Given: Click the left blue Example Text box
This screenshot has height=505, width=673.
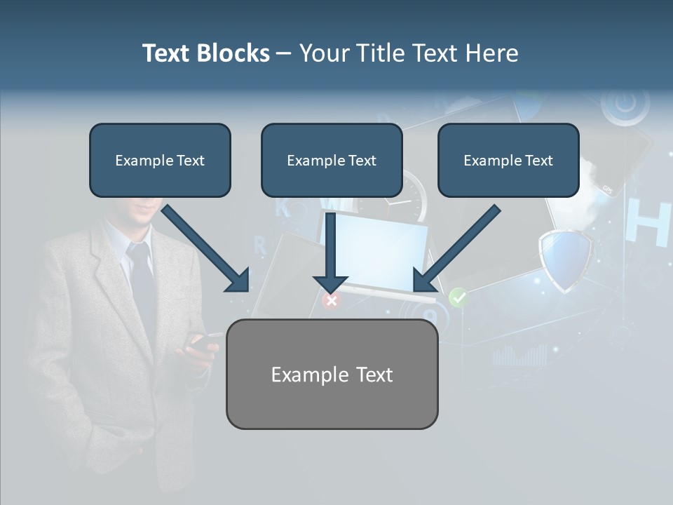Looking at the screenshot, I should pyautogui.click(x=160, y=160).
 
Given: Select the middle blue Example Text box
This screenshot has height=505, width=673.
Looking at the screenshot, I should pyautogui.click(x=332, y=160).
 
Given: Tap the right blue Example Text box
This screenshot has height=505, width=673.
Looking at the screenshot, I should pyautogui.click(x=508, y=160).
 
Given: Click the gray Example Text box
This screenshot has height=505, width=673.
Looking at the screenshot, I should pyautogui.click(x=332, y=374).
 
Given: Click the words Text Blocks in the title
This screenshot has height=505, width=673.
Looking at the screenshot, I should pyautogui.click(x=205, y=53).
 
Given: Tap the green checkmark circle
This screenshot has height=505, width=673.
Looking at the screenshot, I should pyautogui.click(x=458, y=297).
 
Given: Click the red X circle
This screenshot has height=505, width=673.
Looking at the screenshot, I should pyautogui.click(x=331, y=301).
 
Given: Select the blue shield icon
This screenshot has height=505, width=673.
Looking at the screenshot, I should pyautogui.click(x=565, y=260).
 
